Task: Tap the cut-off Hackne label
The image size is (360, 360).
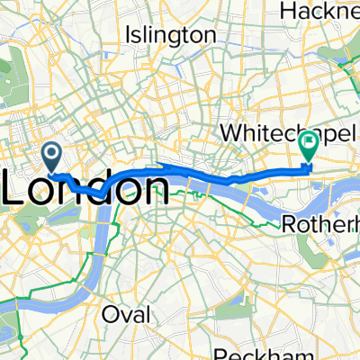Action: click(x=320, y=10)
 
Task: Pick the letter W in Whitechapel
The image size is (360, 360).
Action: click(x=231, y=132)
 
